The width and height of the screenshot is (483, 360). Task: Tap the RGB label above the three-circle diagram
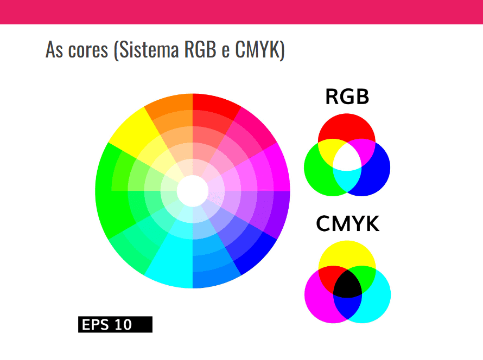[347, 97]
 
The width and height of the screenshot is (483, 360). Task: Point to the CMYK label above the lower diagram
[348, 224]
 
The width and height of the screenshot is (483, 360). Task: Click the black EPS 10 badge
[115, 324]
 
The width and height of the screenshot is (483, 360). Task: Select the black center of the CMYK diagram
[347, 284]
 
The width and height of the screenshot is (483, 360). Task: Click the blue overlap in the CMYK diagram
[347, 306]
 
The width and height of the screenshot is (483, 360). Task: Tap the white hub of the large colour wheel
[193, 191]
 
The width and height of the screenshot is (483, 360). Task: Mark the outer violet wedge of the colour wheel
[281, 214]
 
